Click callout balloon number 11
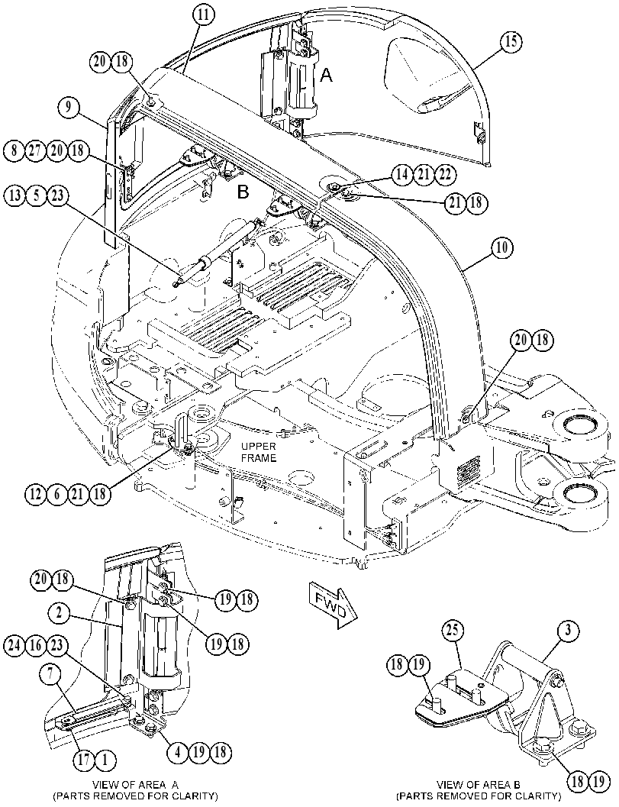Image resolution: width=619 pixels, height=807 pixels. [x=203, y=15]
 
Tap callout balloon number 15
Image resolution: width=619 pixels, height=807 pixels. [x=511, y=41]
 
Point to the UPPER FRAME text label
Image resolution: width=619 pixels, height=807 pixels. [x=259, y=452]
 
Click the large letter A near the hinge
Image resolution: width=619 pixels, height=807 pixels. [x=326, y=76]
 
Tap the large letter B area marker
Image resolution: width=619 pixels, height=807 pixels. [x=243, y=192]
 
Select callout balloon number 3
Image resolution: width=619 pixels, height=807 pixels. [x=568, y=631]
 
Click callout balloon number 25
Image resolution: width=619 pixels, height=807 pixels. [x=454, y=631]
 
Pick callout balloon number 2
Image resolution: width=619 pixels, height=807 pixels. [x=60, y=612]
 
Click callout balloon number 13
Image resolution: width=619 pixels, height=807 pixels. [x=15, y=196]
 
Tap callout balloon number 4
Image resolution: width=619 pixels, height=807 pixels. [x=178, y=752]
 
